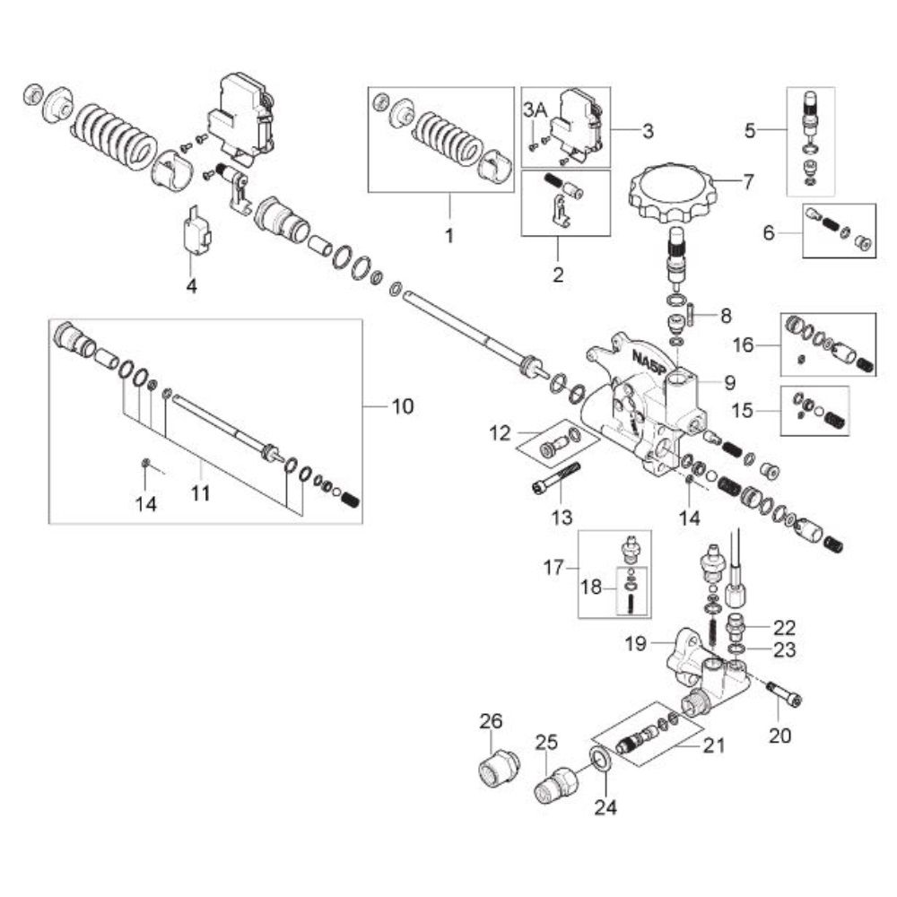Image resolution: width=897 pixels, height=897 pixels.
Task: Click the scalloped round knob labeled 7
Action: point(673,195)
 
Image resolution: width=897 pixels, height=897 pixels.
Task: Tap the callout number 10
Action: point(402,406)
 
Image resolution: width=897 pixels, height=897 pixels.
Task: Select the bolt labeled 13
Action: point(555,478)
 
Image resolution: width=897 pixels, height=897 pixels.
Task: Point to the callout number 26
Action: point(491,721)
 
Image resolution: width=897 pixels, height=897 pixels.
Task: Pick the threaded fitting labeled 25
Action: point(556,783)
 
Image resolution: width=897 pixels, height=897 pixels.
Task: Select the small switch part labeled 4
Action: point(196,231)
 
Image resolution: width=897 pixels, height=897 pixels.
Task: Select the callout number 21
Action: point(714,746)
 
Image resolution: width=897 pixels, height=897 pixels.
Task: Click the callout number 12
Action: point(500,433)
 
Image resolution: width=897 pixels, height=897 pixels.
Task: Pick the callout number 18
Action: point(591,587)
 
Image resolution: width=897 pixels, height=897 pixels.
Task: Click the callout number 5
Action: point(750,130)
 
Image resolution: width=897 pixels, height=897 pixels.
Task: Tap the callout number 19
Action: point(636,643)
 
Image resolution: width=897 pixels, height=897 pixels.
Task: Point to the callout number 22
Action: point(784,628)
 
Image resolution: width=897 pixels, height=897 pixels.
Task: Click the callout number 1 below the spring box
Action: point(449,236)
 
